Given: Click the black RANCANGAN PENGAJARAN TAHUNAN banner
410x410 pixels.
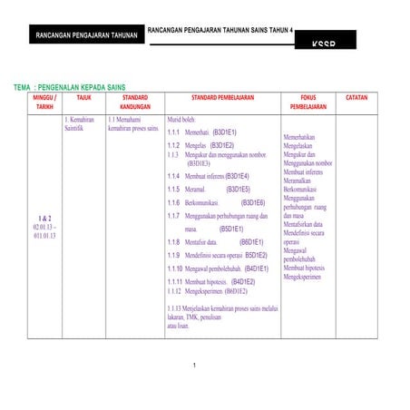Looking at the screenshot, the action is pos(86,35).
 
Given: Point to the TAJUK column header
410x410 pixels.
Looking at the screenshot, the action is pos(83,95).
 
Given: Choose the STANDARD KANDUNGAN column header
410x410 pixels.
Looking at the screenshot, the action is pos(134,101).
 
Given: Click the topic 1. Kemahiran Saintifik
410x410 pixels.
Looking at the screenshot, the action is pos(82,124).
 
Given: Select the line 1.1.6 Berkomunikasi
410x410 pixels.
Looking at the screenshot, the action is pos(196,202).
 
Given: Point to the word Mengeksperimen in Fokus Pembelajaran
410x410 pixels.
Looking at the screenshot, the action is pos(303,278).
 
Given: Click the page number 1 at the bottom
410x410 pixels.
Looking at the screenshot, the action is pos(195,366).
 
